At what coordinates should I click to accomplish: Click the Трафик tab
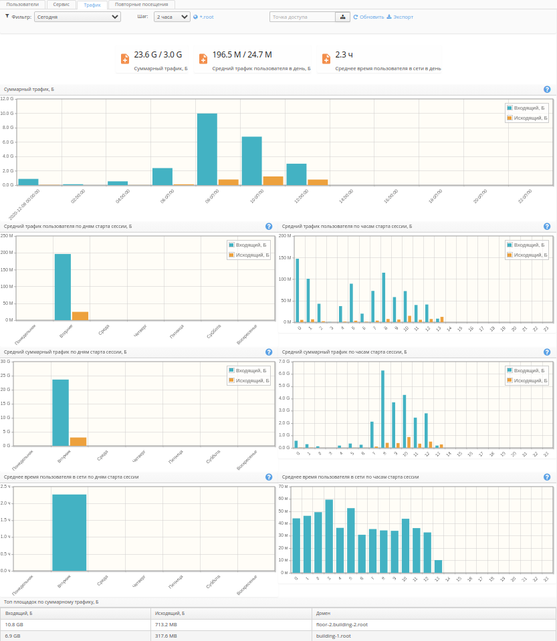pyautogui.click(x=92, y=4)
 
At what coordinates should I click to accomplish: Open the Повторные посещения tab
pyautogui.click(x=141, y=4)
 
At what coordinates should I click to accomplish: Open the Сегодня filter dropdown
pyautogui.click(x=77, y=17)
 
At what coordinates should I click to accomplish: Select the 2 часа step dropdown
pyautogui.click(x=172, y=17)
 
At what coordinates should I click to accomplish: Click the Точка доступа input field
pyautogui.click(x=302, y=17)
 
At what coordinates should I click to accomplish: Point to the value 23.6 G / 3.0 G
pyautogui.click(x=158, y=55)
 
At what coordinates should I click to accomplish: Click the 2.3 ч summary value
pyautogui.click(x=344, y=55)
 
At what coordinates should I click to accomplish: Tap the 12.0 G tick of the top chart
pyautogui.click(x=7, y=98)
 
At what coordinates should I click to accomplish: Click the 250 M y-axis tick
pyautogui.click(x=7, y=235)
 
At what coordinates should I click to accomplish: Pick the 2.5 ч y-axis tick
pyautogui.click(x=6, y=486)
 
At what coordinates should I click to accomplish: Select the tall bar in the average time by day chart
pyautogui.click(x=70, y=532)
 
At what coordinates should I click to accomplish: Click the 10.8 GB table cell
pyautogui.click(x=15, y=624)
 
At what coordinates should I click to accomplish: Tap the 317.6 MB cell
pyautogui.click(x=166, y=636)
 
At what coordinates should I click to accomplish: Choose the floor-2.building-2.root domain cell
pyautogui.click(x=342, y=624)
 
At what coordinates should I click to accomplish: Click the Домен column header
pyautogui.click(x=323, y=613)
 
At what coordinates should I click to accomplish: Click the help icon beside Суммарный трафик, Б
pyautogui.click(x=547, y=89)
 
